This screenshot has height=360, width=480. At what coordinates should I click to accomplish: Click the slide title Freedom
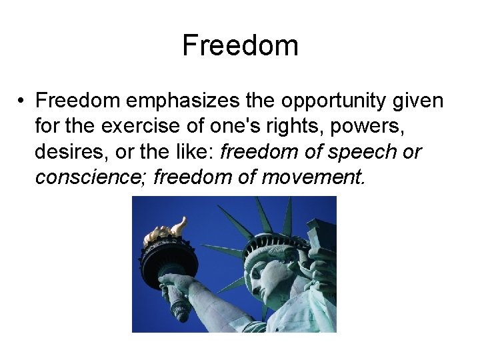click(x=240, y=45)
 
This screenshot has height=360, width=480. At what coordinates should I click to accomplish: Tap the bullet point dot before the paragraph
click(x=22, y=101)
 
